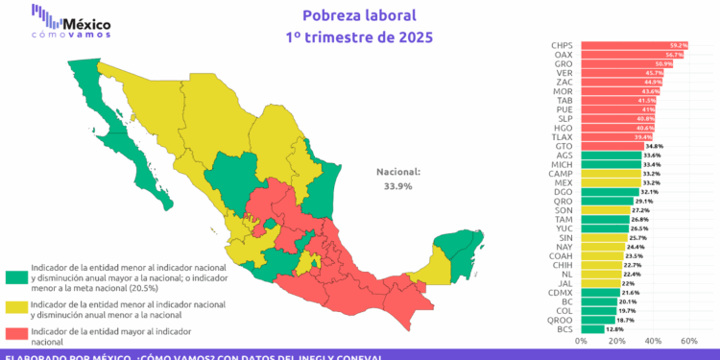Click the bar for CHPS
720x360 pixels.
[x=634, y=45]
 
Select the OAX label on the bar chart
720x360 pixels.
[x=564, y=55]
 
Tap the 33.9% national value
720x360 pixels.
[x=398, y=186]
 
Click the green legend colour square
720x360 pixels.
[x=15, y=276]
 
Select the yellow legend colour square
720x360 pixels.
[x=15, y=307]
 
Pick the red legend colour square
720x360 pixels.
[x=15, y=335]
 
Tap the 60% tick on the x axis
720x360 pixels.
[x=688, y=341]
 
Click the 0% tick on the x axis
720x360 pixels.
[x=581, y=341]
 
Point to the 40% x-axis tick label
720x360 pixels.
[x=653, y=341]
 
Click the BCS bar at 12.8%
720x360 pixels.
[x=592, y=329]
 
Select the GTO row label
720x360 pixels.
[x=564, y=145]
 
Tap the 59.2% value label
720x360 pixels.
[x=679, y=45]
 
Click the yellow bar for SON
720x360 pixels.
[x=605, y=209]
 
